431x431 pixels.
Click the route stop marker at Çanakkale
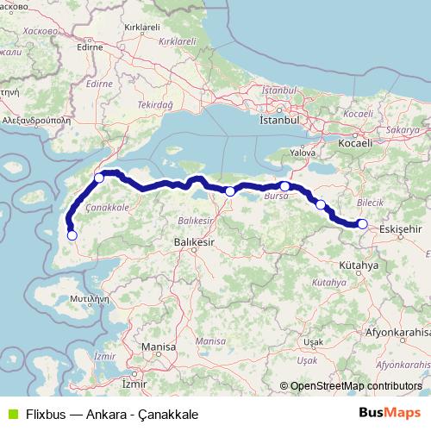99,178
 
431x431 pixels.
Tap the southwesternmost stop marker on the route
72,234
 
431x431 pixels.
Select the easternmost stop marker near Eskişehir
363,224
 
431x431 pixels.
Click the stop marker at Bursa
284,186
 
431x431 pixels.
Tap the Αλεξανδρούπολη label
38,122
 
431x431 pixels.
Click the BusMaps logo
390,412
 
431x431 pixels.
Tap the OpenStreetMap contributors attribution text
356,386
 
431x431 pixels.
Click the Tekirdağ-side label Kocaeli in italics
358,114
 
